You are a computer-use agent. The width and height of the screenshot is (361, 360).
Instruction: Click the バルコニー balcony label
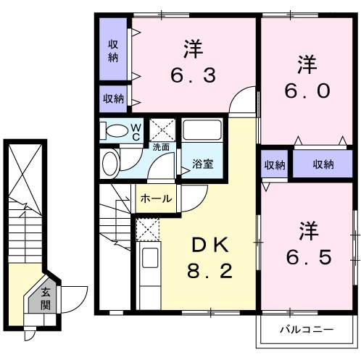tap(307, 330)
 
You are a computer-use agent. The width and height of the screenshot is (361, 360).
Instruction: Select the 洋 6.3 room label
tap(192, 62)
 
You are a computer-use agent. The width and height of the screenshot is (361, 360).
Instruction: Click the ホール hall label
tap(154, 198)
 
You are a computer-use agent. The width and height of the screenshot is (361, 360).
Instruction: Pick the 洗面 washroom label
tap(161, 147)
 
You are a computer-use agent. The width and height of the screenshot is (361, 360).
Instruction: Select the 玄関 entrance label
tap(46, 298)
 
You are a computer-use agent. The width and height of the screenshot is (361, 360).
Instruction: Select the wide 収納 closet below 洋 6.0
tap(323, 164)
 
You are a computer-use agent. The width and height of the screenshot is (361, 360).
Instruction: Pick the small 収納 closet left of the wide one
tap(275, 164)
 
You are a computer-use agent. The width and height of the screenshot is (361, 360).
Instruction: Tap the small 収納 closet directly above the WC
tap(112, 99)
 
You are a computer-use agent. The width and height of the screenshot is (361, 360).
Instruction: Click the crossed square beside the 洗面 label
tap(161, 130)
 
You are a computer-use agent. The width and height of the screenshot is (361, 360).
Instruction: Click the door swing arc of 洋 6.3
tap(245, 102)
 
